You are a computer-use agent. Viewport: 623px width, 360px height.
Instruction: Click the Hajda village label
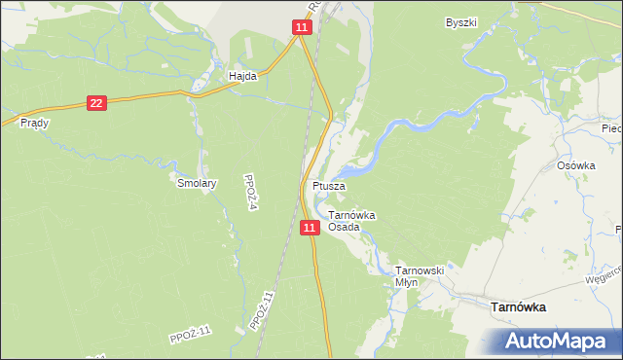(x=242, y=76)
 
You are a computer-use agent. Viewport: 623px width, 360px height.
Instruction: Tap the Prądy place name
(x=34, y=124)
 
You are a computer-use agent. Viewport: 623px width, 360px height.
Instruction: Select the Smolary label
(x=196, y=182)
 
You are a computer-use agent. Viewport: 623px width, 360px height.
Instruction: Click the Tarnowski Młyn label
(x=419, y=276)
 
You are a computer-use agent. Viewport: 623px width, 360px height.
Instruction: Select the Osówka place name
(x=575, y=165)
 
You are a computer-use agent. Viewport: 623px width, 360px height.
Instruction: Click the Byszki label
(x=461, y=22)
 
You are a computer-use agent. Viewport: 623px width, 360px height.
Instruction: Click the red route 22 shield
(x=95, y=102)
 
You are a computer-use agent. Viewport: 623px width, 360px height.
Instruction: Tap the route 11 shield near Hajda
(x=302, y=28)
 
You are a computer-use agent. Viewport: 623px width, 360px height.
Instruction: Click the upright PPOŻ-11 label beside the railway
(x=269, y=308)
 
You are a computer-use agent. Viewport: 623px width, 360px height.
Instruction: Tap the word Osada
(x=344, y=227)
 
